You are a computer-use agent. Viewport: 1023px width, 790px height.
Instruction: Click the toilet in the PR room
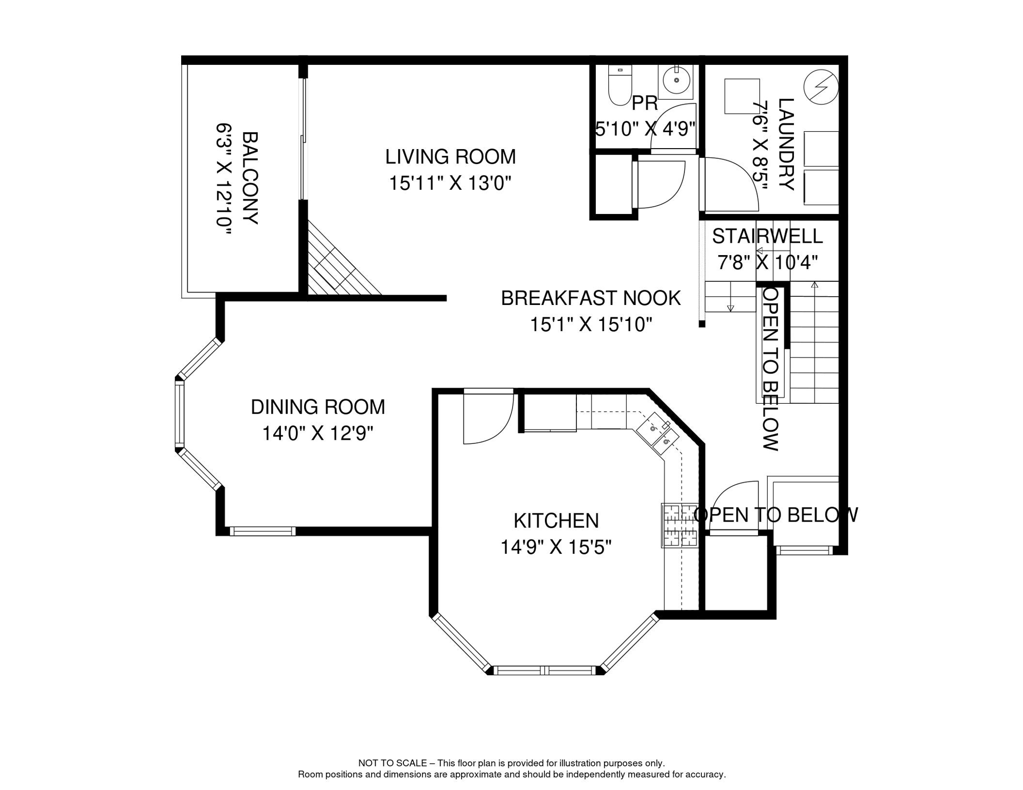coord(620,85)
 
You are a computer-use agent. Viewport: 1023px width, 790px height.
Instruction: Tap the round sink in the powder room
coord(676,81)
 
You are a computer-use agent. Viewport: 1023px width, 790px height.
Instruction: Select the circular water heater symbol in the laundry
coord(821,87)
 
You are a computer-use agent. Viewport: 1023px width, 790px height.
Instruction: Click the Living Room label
coord(450,157)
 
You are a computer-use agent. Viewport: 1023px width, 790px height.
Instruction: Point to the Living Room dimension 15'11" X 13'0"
coord(450,183)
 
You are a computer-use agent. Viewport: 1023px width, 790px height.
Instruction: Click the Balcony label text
coord(250,178)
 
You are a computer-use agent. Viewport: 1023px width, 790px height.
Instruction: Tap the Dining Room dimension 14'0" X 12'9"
coord(318,434)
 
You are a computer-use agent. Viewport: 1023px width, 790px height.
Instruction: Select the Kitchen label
coord(556,521)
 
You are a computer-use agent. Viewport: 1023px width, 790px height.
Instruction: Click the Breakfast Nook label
coord(591,298)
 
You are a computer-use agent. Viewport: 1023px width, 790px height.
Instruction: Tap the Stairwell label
coord(767,236)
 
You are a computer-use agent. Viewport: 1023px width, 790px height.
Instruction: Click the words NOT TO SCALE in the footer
coord(393,763)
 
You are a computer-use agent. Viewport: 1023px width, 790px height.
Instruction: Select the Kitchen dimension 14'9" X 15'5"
coord(556,547)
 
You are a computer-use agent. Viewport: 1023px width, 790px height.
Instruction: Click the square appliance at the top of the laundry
coord(742,96)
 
